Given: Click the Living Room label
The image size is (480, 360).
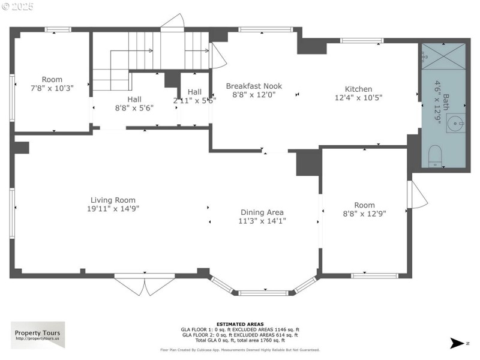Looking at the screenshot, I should point(113,200).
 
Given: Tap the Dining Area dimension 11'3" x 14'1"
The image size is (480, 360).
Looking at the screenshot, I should point(262,221).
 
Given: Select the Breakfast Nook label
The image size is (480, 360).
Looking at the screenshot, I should point(254,86).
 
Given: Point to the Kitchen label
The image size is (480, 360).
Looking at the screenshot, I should point(358,89).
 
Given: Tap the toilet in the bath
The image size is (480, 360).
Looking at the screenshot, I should point(436,157).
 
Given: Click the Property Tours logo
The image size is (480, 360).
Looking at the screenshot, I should point(38,335).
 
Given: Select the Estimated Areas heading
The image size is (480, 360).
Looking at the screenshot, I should point(240,324).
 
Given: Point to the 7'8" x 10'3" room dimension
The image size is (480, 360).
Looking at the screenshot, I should point(52,88).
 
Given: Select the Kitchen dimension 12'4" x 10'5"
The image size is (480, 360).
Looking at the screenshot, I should point(358,97).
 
